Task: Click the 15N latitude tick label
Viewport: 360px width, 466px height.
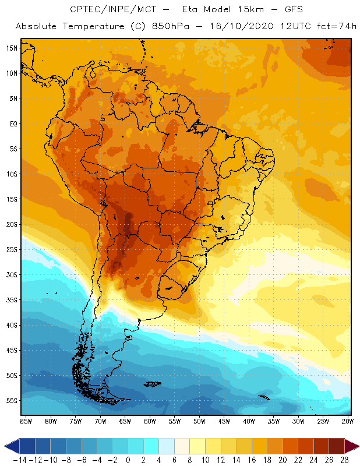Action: [x=11, y=48]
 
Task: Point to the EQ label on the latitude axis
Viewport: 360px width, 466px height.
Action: [x=12, y=123]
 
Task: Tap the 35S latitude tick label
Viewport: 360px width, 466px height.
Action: [x=11, y=300]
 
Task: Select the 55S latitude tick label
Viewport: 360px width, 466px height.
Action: [x=11, y=401]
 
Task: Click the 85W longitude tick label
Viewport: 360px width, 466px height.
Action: [x=26, y=421]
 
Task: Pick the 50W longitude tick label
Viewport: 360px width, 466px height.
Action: [x=200, y=421]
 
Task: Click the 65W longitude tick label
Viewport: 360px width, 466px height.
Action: [x=125, y=421]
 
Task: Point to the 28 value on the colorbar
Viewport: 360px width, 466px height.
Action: [x=344, y=460]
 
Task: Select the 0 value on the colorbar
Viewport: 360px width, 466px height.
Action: [x=128, y=460]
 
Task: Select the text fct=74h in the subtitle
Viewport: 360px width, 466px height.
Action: [x=337, y=27]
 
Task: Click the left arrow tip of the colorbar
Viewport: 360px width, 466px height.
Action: [x=5, y=446]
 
